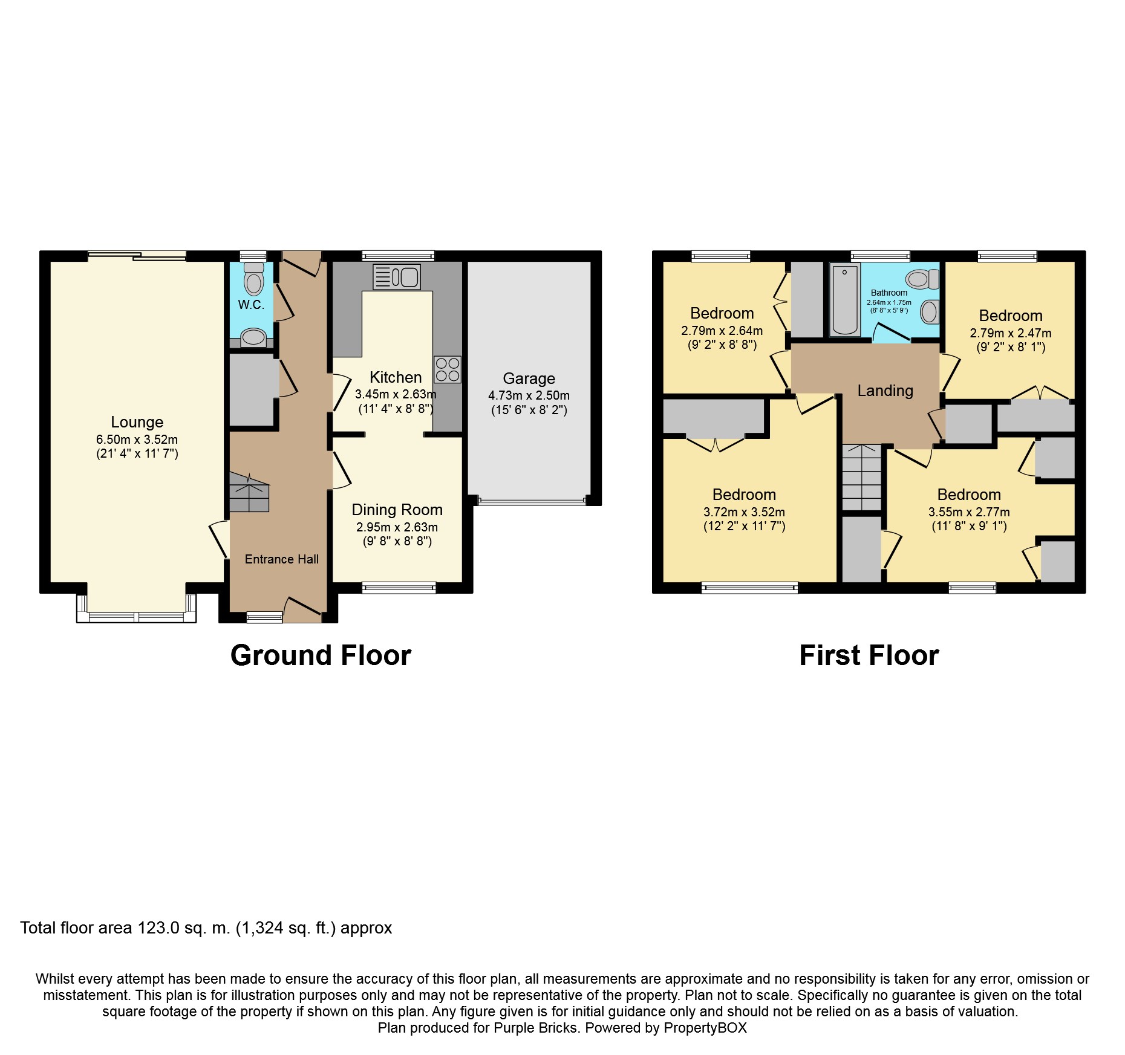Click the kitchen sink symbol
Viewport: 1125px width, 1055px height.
[397, 278]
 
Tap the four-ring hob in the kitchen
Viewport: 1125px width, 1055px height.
[448, 369]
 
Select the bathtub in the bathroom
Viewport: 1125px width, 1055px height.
[844, 300]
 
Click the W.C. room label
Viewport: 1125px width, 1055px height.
[251, 305]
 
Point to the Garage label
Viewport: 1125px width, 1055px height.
[529, 378]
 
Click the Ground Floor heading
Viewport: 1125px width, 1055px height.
[321, 655]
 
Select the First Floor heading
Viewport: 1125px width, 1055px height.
[869, 655]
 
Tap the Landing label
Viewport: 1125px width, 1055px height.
[885, 391]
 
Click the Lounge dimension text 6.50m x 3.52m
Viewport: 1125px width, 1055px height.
[137, 440]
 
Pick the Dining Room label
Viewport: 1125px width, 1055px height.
[397, 510]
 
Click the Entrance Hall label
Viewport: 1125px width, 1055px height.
[281, 559]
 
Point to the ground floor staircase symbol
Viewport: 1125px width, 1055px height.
[249, 493]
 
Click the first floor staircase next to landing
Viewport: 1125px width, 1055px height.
[862, 478]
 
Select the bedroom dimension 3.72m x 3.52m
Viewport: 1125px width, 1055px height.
[744, 512]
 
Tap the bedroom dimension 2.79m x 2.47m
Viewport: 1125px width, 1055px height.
[1010, 333]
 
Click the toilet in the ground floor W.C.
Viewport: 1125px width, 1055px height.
[254, 280]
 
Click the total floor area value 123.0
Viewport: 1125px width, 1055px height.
[158, 928]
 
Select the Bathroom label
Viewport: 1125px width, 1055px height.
[889, 293]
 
